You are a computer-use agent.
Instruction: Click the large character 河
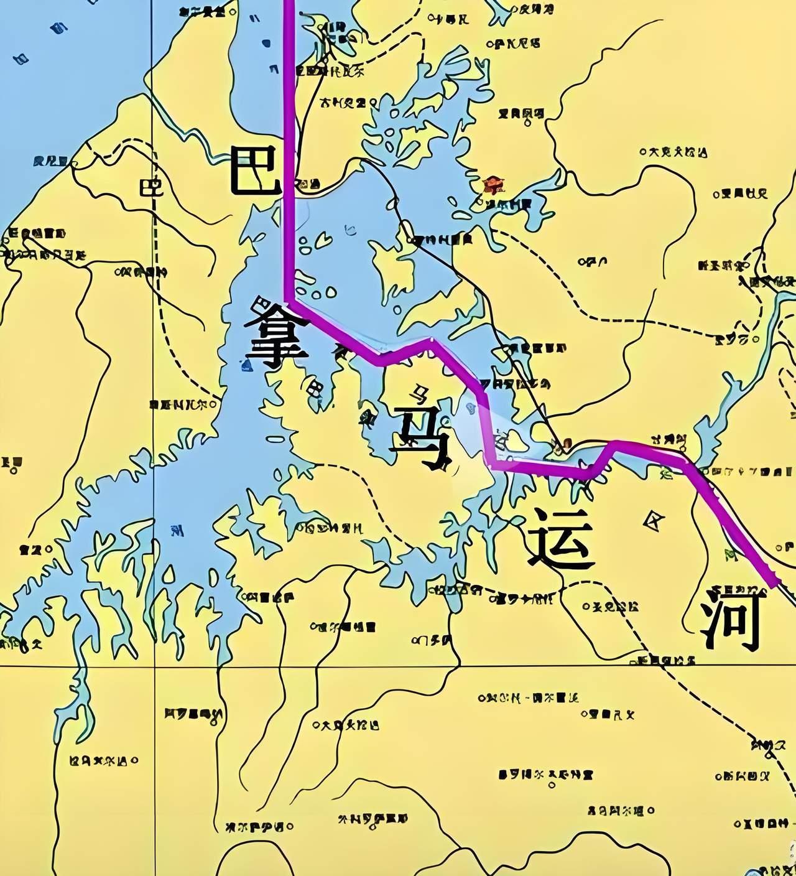[x=731, y=620]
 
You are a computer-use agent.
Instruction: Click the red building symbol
[x=494, y=185]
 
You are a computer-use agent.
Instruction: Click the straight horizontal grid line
[x=398, y=666]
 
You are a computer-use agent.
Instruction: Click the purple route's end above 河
[x=775, y=585]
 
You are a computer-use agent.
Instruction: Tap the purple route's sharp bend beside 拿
[x=288, y=303]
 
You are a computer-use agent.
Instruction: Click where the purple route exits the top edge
[x=288, y=2]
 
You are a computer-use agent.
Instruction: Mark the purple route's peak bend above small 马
[x=432, y=341]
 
